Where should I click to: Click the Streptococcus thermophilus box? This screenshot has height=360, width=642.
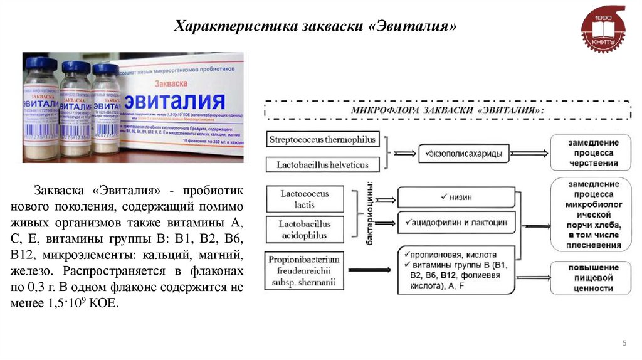click(x=323, y=140)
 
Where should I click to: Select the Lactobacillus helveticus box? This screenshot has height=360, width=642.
click(x=323, y=165)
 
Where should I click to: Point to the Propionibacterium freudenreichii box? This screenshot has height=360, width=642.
click(x=305, y=271)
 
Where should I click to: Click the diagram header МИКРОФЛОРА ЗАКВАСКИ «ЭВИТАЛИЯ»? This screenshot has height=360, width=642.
click(x=448, y=110)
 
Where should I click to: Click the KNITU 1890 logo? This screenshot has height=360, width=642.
click(x=603, y=29)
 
